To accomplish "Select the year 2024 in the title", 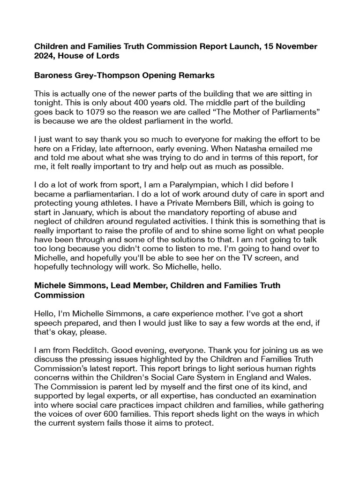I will pos(46,56).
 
